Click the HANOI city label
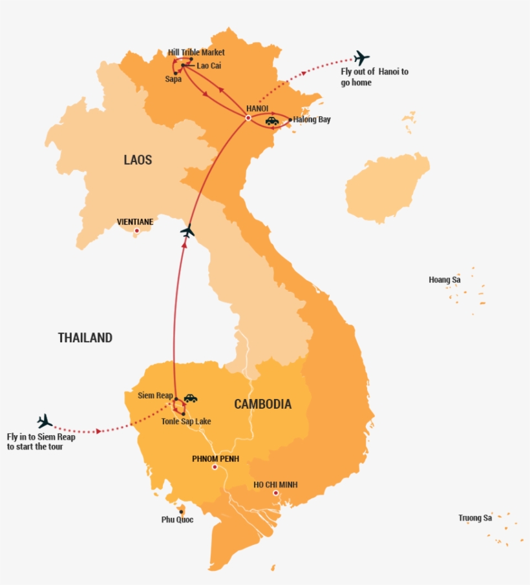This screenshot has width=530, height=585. click(257, 108)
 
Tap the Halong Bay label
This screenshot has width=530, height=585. click(312, 119)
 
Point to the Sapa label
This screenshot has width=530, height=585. click(173, 79)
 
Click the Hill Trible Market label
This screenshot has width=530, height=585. click(196, 52)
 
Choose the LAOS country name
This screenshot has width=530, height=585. click(138, 159)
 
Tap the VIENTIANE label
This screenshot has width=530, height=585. click(135, 222)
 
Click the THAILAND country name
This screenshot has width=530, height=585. click(85, 338)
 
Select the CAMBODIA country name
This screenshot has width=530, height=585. click(262, 405)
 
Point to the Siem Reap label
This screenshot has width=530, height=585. click(155, 395)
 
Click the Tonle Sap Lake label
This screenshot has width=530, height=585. click(186, 422)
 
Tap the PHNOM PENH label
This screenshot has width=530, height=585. click(215, 459)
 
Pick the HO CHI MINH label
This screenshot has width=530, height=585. click(276, 485)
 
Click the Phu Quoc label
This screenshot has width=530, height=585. click(177, 520)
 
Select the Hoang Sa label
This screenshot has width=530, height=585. click(445, 280)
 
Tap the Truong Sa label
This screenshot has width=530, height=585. click(475, 518)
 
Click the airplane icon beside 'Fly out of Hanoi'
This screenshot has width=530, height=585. click(361, 58)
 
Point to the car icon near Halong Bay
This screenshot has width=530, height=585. click(272, 121)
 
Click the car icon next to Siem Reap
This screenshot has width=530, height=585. click(190, 398)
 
